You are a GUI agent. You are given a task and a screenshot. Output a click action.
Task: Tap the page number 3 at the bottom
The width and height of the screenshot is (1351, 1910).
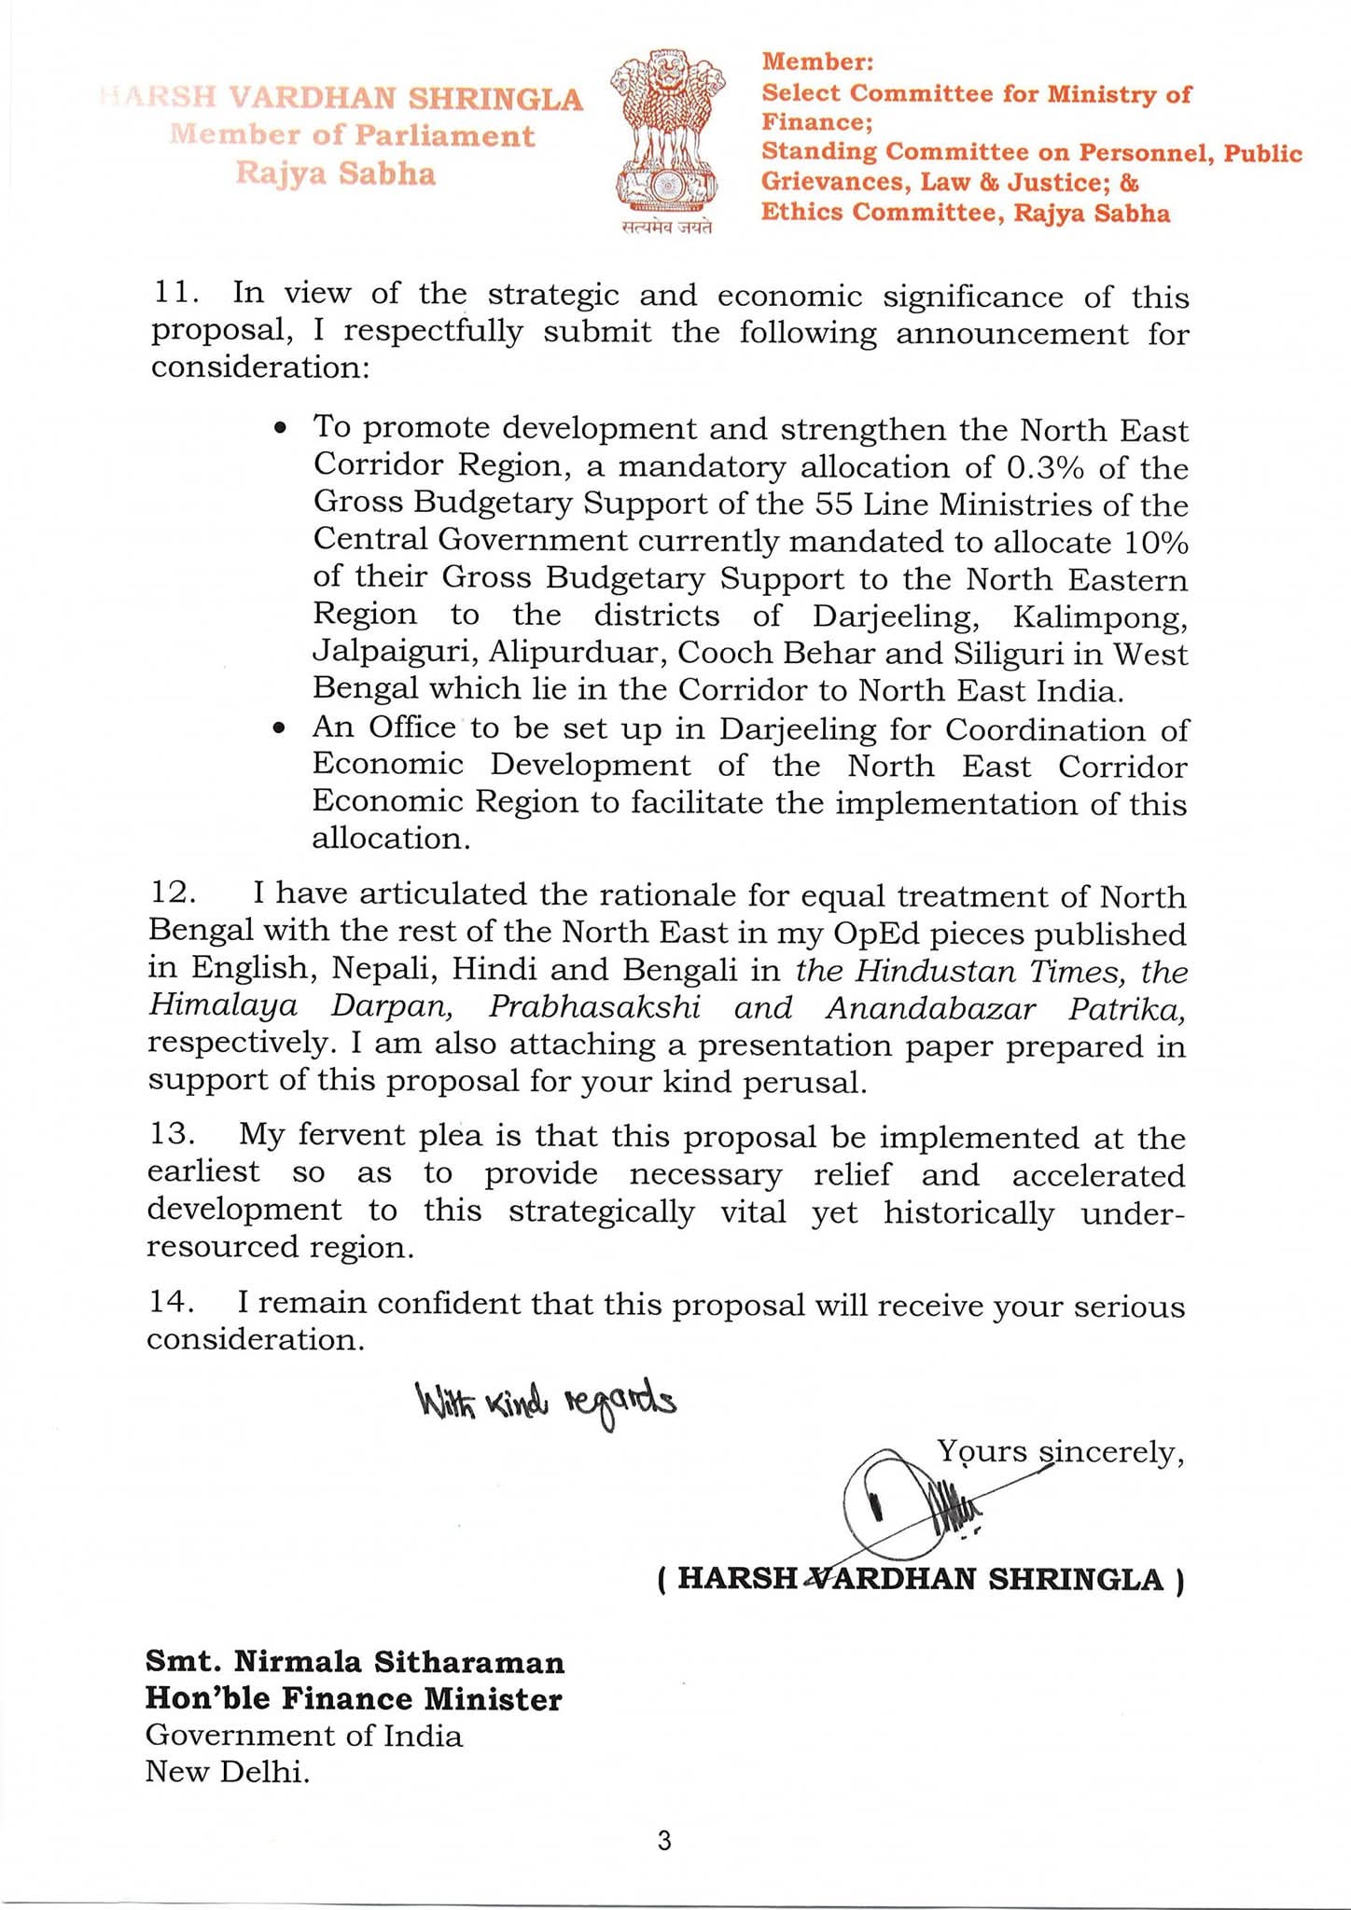[x=664, y=1841]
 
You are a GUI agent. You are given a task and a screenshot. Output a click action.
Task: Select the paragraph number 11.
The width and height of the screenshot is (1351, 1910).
[x=174, y=293]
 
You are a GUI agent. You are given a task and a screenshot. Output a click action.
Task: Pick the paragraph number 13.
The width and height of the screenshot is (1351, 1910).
[x=172, y=1134]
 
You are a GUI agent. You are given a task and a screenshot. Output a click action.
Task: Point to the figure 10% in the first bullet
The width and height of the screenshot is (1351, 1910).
[x=1156, y=541]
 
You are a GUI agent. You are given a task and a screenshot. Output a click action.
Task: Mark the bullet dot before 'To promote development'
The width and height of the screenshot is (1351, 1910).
[x=278, y=430]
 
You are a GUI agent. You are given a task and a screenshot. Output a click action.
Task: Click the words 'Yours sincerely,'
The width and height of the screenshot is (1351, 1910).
[x=1061, y=1451]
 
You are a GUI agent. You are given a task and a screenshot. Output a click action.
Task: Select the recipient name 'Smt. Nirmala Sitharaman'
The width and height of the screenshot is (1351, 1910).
[x=355, y=1662]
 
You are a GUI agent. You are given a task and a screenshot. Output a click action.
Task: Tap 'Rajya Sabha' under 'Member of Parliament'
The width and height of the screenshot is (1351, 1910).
[x=335, y=173]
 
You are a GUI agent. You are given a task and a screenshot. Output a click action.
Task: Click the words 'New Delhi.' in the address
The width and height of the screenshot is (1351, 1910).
[x=227, y=1771]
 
